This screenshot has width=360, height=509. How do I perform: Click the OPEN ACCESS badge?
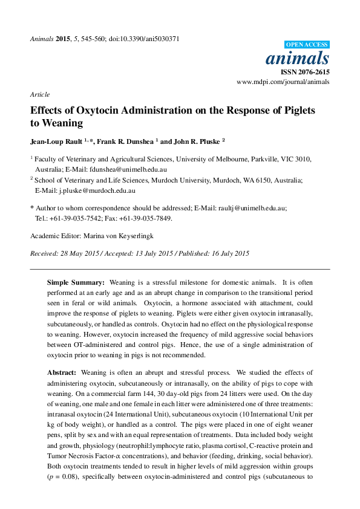(306, 45)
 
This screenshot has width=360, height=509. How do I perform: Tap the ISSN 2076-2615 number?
(309, 71)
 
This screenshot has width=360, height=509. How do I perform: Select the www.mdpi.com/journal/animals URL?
(283, 82)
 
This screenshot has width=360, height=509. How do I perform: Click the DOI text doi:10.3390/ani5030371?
(144, 39)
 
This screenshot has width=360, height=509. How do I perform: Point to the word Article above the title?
(39, 95)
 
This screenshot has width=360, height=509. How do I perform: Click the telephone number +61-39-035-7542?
(78, 218)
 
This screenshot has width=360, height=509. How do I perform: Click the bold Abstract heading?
(62, 373)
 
